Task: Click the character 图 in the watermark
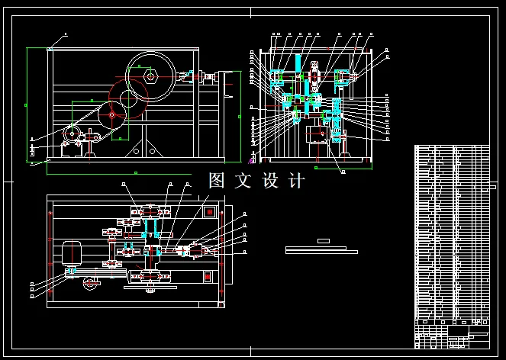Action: pyautogui.click(x=217, y=181)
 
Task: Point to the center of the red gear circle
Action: pyautogui.click(x=111, y=115)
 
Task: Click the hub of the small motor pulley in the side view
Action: pyautogui.click(x=73, y=135)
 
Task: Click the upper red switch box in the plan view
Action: pyautogui.click(x=208, y=211)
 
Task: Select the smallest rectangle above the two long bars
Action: pyautogui.click(x=323, y=240)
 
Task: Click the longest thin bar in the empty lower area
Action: pyautogui.click(x=321, y=252)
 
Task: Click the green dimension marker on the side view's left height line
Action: pyautogui.click(x=27, y=104)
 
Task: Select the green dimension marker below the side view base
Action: pyautogui.click(x=126, y=172)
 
